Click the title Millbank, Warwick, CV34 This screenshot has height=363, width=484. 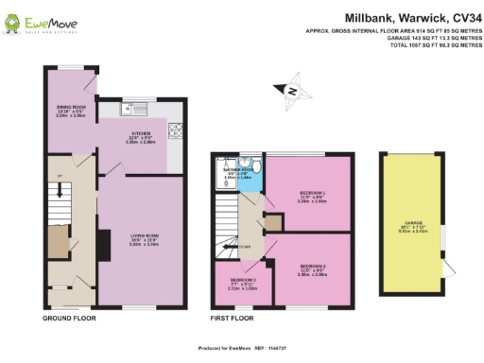[x=396, y=17]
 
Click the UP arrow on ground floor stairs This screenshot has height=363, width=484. [x=59, y=177]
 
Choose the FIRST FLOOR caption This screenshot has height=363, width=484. [x=233, y=319]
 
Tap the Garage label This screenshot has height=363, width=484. [x=413, y=230]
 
